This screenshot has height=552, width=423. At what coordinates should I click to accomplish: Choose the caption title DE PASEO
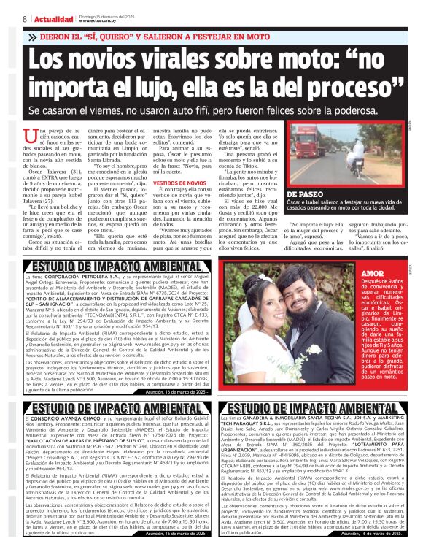tap(304, 194)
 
